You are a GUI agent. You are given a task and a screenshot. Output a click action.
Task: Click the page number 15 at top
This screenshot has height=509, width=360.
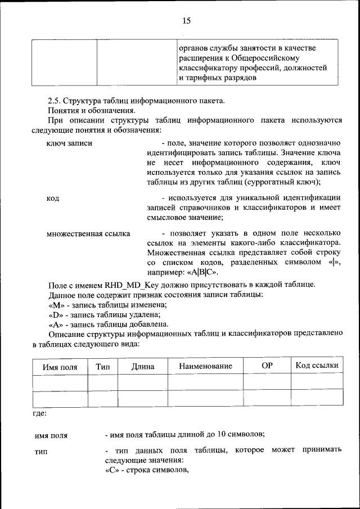pos(186,21)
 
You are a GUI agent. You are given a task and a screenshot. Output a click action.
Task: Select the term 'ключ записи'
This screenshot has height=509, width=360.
pos(69,143)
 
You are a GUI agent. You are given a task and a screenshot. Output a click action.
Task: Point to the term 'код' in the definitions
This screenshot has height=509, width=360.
pos(53,198)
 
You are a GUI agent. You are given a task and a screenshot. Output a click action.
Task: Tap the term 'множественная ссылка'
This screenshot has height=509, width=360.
pos(88,233)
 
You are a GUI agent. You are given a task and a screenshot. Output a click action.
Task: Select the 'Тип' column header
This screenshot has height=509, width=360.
pos(103,366)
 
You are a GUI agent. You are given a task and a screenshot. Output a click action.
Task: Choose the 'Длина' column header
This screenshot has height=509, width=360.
pos(143,367)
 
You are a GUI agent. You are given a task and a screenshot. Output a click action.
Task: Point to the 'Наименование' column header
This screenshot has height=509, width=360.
pos(205,367)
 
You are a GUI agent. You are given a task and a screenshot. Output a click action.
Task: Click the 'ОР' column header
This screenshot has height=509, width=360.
pos(267,366)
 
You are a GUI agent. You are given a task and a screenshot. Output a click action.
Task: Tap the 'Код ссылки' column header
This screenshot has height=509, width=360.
pos(317,366)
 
